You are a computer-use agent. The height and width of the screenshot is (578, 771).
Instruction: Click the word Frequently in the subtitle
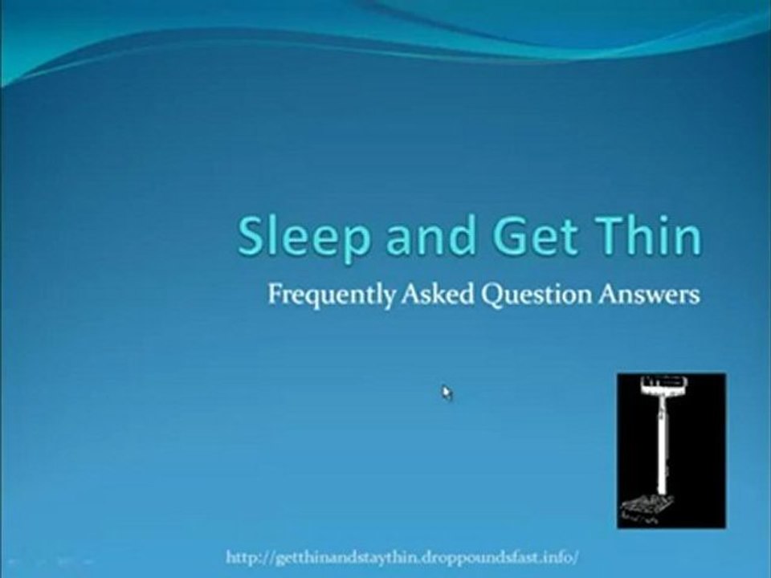point(331,295)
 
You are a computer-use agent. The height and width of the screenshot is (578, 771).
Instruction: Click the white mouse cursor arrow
point(447,393)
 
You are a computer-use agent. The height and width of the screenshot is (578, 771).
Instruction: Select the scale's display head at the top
point(662,387)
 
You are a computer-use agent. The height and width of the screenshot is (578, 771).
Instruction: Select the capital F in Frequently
point(274,295)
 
